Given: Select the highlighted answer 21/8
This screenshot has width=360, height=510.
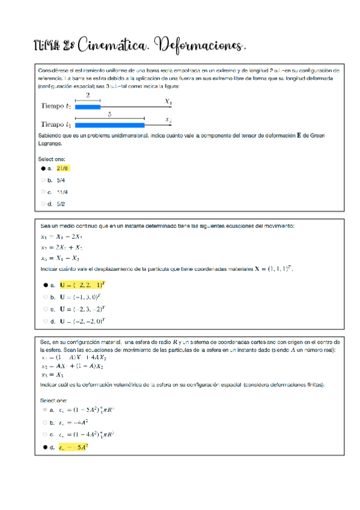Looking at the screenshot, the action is (63, 169).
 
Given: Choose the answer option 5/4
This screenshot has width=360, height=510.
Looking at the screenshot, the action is (61, 180).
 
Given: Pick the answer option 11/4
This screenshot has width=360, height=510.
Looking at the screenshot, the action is (63, 192).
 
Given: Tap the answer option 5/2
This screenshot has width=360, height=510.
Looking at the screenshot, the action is (61, 203).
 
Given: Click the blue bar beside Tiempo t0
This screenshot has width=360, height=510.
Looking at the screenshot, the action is (87, 106).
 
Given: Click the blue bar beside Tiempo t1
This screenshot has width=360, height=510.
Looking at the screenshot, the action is (109, 124).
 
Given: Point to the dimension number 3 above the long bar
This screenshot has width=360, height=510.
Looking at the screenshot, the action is (109, 114).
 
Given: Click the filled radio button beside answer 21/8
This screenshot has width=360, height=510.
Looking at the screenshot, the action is (44, 169).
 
